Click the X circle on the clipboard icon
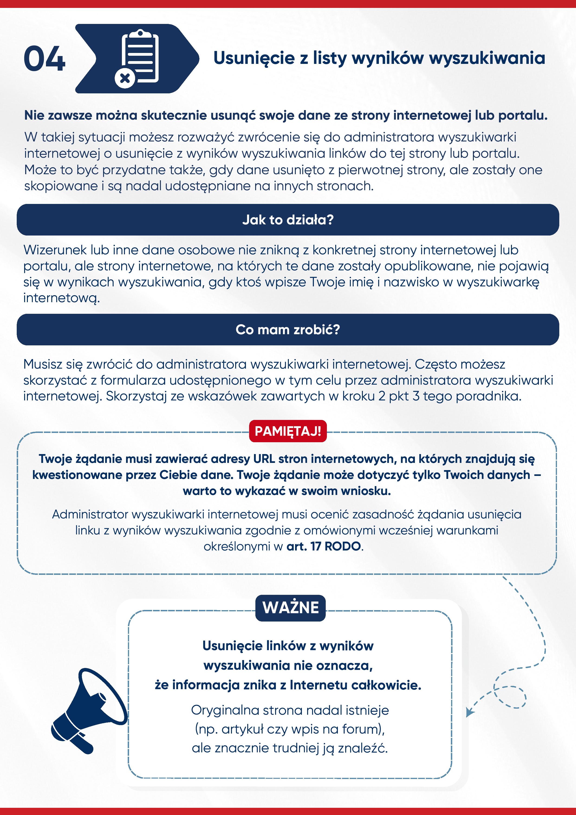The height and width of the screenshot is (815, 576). coord(125,78)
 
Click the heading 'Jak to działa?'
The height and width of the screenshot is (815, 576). coord(288,220)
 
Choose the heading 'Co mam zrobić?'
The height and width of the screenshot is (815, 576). coord(288,329)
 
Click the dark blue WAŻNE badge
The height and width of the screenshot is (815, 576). coord(290,607)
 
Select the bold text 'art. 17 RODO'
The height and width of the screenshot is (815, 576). coord(323,546)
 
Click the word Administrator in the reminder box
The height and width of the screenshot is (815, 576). coord(90,514)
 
